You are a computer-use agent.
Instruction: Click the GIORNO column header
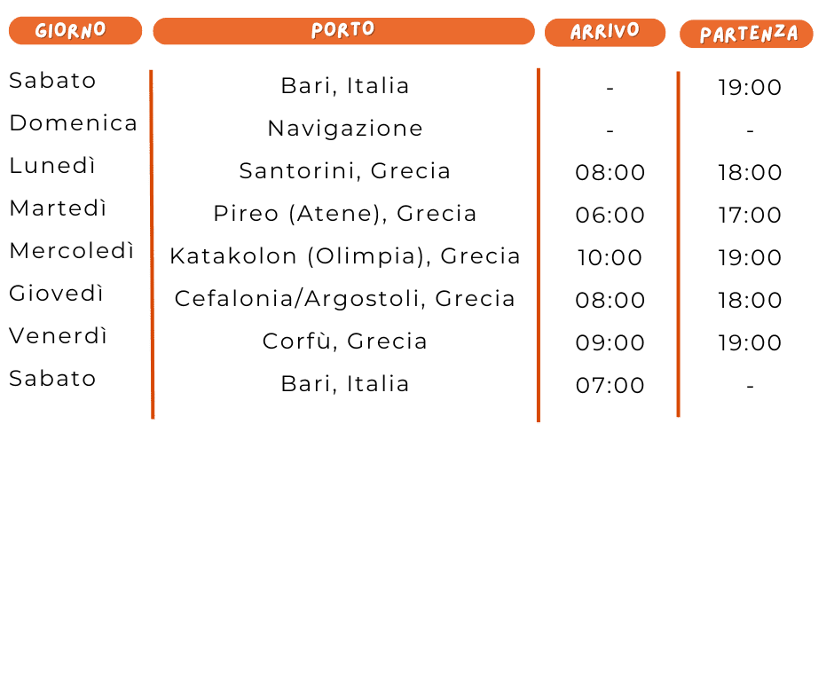click(x=75, y=30)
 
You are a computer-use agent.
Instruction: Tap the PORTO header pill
click(x=343, y=30)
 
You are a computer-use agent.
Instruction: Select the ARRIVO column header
click(x=604, y=32)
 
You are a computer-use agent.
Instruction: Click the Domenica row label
click(x=73, y=123)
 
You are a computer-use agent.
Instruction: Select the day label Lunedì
click(x=52, y=166)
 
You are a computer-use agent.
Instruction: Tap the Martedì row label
click(x=58, y=208)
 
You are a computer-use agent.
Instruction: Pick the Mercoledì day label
click(x=72, y=251)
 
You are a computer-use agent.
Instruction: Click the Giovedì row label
click(x=57, y=294)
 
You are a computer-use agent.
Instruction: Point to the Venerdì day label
click(x=59, y=336)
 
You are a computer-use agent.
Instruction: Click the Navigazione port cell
click(x=345, y=129)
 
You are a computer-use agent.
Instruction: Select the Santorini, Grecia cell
click(x=345, y=171)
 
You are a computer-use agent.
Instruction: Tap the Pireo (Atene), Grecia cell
click(x=345, y=214)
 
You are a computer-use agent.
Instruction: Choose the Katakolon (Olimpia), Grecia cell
click(x=345, y=256)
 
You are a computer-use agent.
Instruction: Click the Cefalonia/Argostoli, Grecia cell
click(x=345, y=299)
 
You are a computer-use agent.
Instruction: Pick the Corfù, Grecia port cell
click(x=345, y=342)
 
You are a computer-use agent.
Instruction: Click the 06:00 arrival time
click(x=610, y=216)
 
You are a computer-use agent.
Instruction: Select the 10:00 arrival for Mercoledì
click(x=610, y=258)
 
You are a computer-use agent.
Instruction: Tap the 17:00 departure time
click(x=750, y=216)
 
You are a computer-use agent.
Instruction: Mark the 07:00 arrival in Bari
click(x=610, y=386)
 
